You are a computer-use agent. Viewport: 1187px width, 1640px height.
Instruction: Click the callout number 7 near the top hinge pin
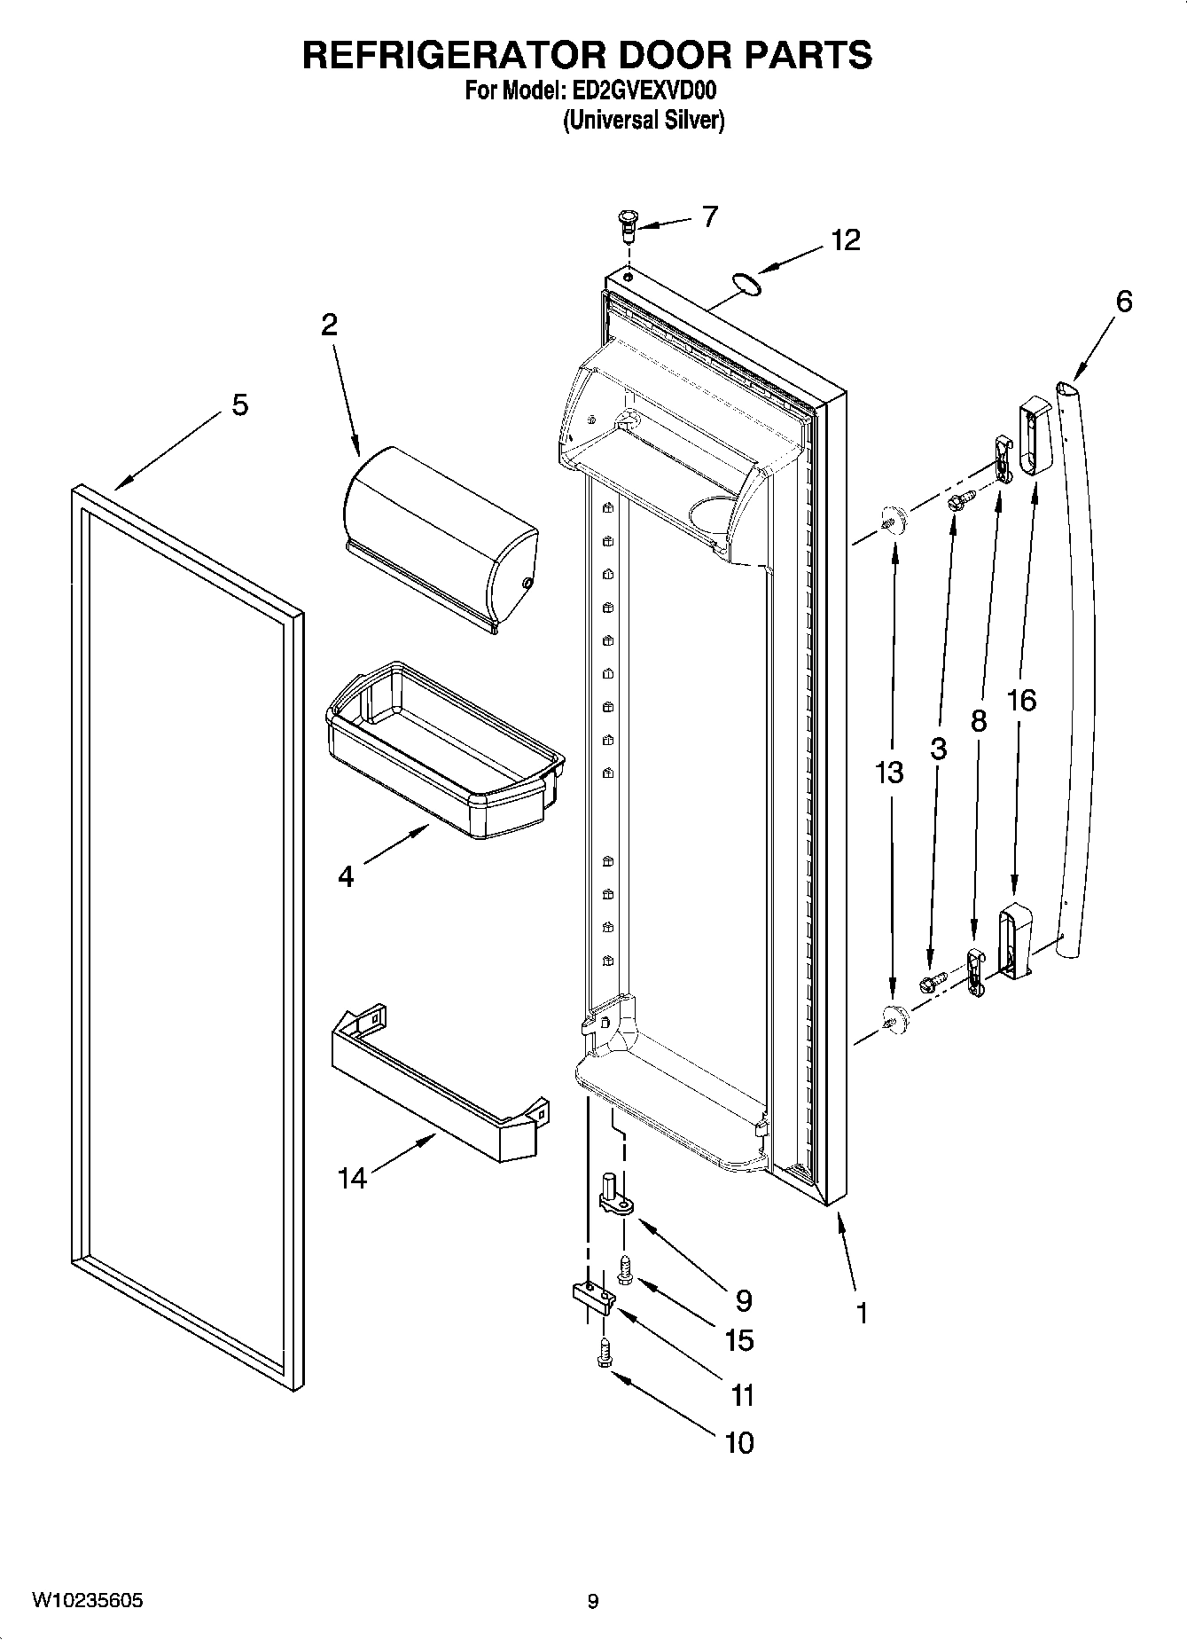[x=710, y=216]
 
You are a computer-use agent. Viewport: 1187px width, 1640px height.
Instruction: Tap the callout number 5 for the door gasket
[x=239, y=405]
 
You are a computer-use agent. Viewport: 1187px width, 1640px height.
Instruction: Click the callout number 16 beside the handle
[x=1021, y=701]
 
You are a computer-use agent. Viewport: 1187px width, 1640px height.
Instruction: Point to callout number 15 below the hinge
[x=739, y=1340]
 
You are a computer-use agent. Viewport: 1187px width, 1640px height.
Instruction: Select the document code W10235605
[x=88, y=1600]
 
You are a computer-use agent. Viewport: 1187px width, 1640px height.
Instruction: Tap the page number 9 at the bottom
[x=593, y=1601]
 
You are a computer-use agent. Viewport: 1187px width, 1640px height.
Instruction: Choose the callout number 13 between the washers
[x=889, y=773]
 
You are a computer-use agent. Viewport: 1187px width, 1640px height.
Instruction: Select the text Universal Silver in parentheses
[x=644, y=120]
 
